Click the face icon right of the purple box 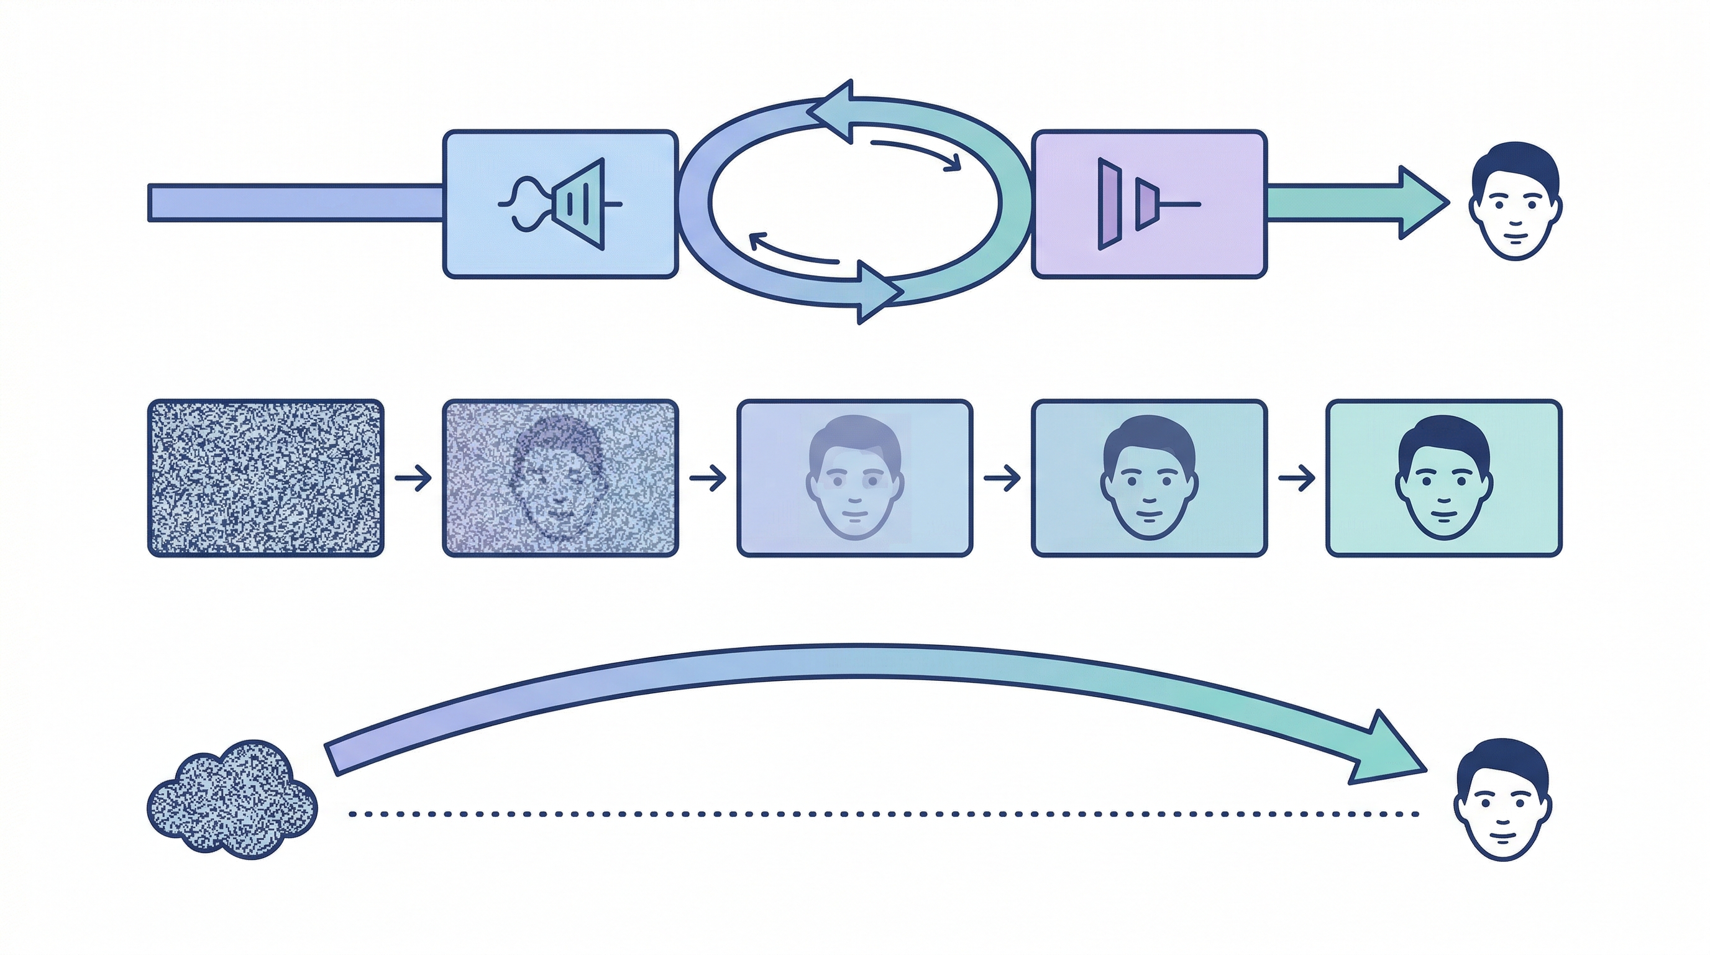(1515, 201)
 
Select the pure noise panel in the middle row (265, 478)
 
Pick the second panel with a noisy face (560, 478)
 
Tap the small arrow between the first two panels (413, 478)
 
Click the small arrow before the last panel (1296, 478)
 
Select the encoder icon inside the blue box (561, 204)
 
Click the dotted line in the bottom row (883, 813)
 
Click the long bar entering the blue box (295, 203)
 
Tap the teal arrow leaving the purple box (1354, 203)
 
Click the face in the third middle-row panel (855, 478)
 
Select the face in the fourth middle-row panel (1149, 478)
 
